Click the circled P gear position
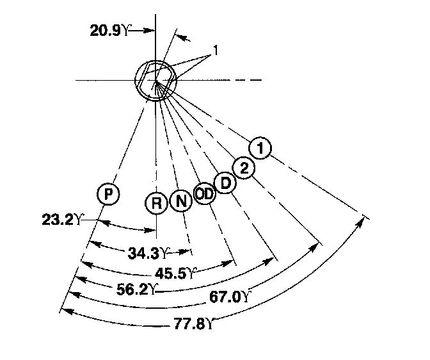(109, 193)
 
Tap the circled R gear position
(157, 203)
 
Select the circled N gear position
(181, 202)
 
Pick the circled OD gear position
(204, 194)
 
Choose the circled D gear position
(225, 183)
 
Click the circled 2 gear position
(243, 168)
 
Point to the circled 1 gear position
(260, 149)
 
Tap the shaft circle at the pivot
(155, 80)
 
